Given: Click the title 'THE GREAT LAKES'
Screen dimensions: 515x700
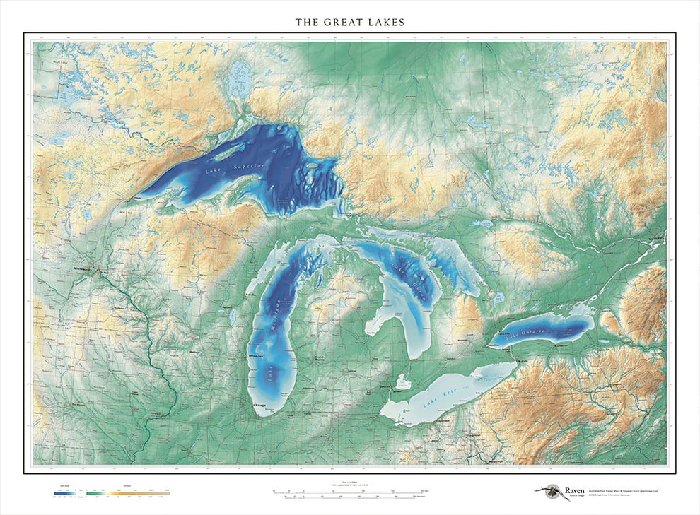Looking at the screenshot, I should [x=350, y=22].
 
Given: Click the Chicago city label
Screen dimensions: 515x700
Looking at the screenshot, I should [x=260, y=405].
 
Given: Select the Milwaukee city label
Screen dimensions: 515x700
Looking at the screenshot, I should [x=256, y=357].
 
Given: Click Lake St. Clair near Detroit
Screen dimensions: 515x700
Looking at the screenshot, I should [x=403, y=381].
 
